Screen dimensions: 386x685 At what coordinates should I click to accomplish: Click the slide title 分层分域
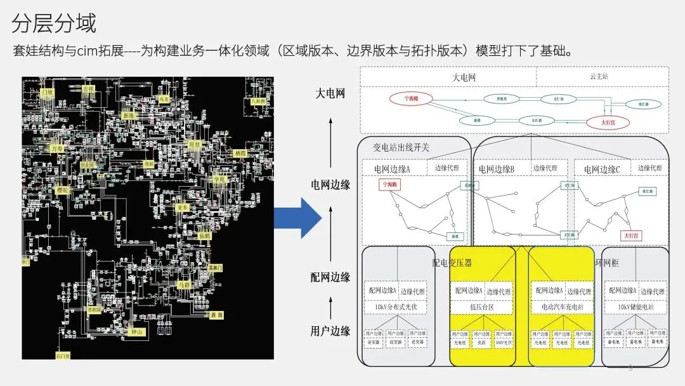click(x=54, y=23)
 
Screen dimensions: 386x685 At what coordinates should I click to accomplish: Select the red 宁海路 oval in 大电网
click(x=416, y=98)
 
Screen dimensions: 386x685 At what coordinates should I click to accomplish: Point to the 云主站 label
click(x=598, y=76)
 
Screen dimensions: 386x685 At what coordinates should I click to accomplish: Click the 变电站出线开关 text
click(x=401, y=147)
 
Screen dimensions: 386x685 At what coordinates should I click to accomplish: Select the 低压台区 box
click(x=482, y=307)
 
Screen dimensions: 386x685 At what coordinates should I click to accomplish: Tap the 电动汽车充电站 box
click(x=562, y=307)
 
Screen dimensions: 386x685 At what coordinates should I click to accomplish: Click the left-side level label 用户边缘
click(x=330, y=331)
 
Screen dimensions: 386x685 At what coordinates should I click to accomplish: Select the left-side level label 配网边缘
click(x=330, y=277)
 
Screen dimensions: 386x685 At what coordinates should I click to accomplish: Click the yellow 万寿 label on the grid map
click(x=58, y=149)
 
